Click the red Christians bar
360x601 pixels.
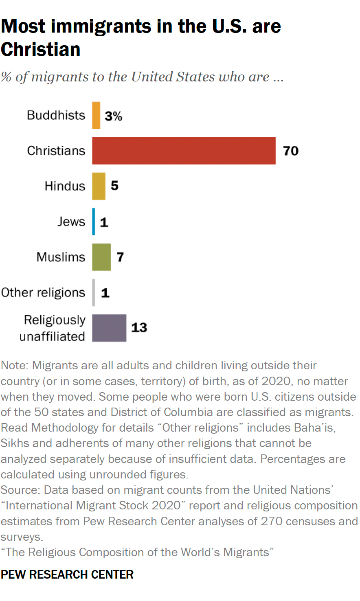click(184, 151)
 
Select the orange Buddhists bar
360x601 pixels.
click(96, 116)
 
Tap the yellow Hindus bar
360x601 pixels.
click(99, 186)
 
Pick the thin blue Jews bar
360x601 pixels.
click(94, 222)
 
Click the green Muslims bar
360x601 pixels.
click(101, 257)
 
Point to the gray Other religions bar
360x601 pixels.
click(94, 292)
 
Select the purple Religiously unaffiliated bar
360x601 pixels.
click(109, 328)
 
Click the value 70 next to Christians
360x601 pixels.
click(291, 151)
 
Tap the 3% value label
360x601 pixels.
click(113, 116)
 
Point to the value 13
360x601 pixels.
click(139, 328)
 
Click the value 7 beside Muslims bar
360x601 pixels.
click(120, 257)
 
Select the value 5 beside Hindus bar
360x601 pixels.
click(114, 186)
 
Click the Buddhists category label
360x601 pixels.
click(56, 115)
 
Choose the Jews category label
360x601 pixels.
click(71, 222)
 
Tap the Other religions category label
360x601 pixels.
click(43, 292)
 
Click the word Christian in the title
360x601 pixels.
click(41, 49)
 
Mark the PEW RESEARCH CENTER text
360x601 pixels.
click(67, 575)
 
